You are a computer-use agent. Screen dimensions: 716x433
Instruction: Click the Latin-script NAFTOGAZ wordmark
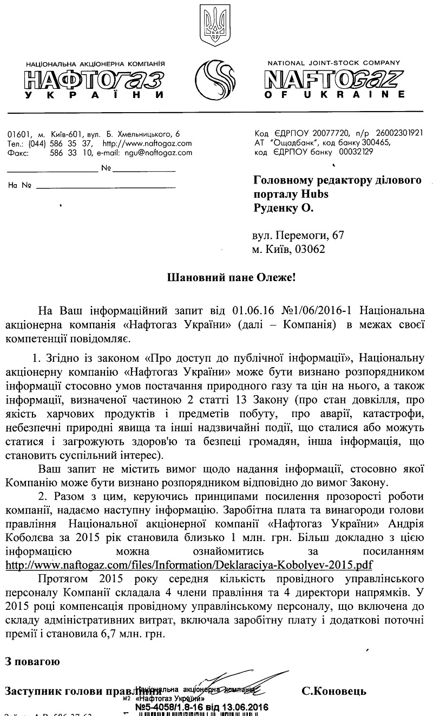tap(336, 79)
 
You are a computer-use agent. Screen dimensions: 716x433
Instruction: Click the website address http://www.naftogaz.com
tap(147, 144)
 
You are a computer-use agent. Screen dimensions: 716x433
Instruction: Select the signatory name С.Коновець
tap(334, 691)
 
